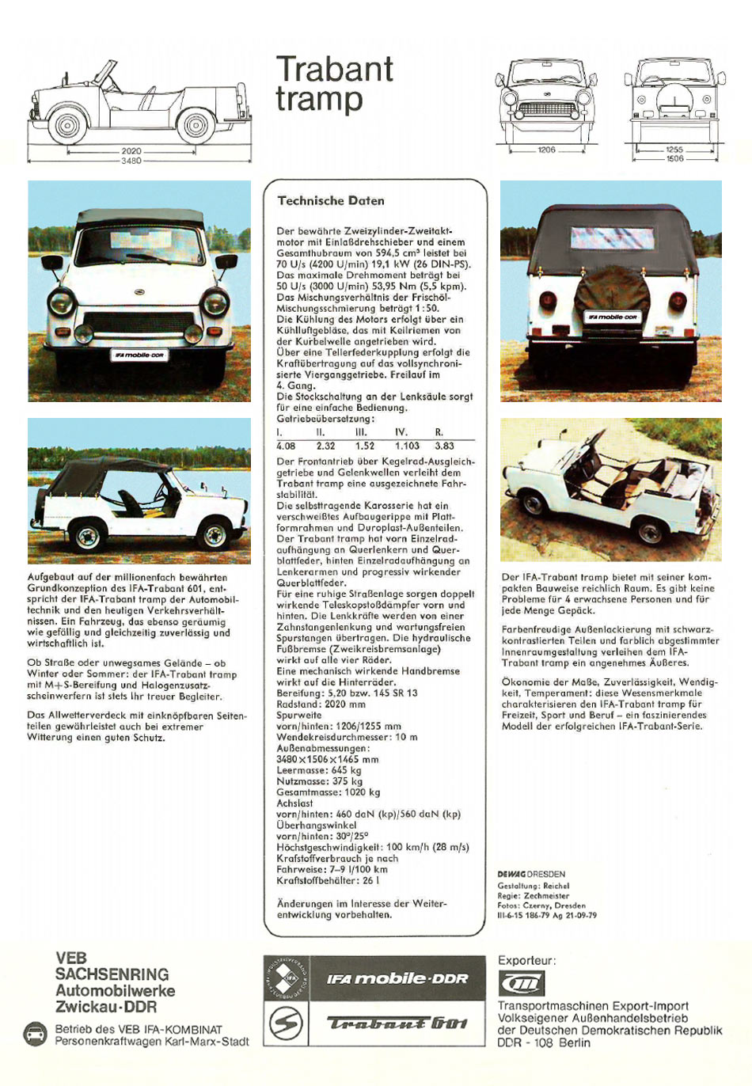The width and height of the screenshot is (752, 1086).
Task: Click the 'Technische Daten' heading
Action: click(331, 201)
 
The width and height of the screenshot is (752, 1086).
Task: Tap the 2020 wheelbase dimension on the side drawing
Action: click(131, 150)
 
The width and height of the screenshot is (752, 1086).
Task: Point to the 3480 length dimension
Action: click(131, 161)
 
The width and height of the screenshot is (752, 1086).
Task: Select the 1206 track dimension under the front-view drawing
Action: click(546, 150)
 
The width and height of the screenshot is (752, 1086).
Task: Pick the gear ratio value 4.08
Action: click(286, 446)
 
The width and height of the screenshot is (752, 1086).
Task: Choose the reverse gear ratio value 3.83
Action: click(444, 446)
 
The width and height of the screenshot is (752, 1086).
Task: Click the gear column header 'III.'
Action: click(361, 432)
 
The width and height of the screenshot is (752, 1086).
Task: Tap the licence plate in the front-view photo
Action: click(139, 355)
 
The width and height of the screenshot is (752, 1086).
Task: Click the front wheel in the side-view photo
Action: click(214, 535)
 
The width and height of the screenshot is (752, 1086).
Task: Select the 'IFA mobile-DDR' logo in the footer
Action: click(397, 978)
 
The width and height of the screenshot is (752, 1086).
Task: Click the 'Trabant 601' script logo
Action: click(397, 1023)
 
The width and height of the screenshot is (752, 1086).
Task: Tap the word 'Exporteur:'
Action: click(526, 961)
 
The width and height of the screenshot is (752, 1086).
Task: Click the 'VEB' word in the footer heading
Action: click(71, 958)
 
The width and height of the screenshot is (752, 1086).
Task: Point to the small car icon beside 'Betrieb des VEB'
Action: click(36, 1034)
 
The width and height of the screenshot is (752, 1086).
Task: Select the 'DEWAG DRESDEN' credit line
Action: click(531, 875)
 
